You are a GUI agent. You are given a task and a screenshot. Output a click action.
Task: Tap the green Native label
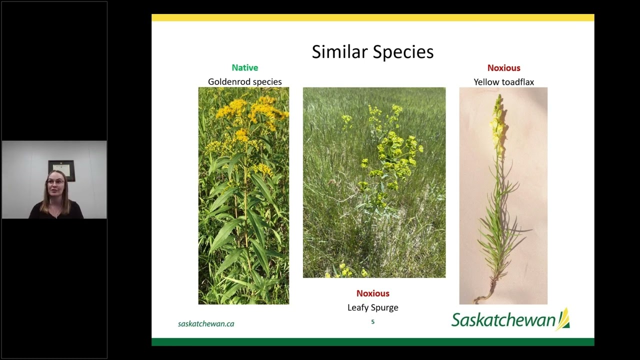tap(244, 67)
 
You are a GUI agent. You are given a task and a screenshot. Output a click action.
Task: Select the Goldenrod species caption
tap(244, 81)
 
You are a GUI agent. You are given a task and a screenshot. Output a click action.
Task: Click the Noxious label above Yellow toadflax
tap(503, 67)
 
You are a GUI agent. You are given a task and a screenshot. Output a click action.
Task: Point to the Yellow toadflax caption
tap(503, 81)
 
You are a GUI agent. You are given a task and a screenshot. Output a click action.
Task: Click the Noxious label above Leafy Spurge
tap(372, 293)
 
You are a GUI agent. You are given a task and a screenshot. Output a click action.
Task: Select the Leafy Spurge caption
tap(372, 307)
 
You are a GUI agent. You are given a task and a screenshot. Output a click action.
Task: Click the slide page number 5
tap(372, 322)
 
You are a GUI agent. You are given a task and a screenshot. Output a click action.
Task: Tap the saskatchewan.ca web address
tap(206, 323)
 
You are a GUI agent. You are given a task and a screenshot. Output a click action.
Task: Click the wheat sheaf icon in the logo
tap(563, 318)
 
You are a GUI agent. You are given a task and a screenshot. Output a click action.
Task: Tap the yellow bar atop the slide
tap(372, 17)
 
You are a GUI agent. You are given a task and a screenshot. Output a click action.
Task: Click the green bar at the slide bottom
tap(372, 342)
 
